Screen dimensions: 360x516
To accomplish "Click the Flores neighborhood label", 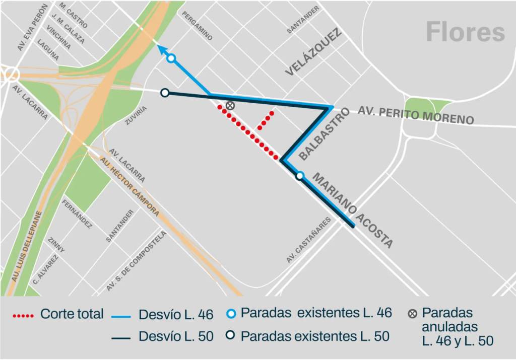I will point(465,32).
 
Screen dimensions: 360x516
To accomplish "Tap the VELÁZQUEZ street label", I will point(313,52).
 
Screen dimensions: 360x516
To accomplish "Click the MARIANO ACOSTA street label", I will point(352,210).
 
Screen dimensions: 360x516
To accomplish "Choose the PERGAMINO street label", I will point(197,26).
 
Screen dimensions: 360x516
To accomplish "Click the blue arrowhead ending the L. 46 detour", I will point(161,48).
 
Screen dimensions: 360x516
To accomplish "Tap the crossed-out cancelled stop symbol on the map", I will point(230,105).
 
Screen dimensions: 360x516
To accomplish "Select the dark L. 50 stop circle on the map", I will point(164,93).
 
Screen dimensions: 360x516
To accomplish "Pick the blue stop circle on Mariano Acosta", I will point(300,176).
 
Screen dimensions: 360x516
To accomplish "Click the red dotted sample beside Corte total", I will point(24,316).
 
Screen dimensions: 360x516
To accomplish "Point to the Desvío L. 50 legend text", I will point(176,336).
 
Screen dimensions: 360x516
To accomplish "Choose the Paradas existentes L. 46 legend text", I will point(316,313).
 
